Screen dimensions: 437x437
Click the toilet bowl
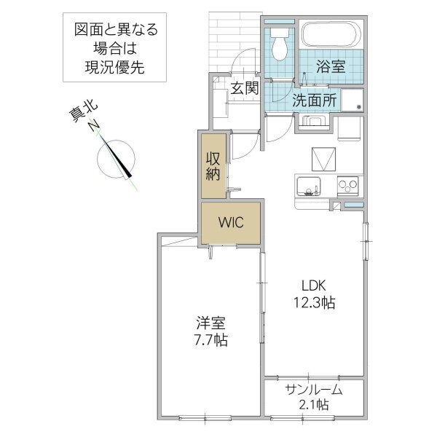pos(279,48)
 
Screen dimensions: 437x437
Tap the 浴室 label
pos(330,66)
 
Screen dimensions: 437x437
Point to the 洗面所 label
pos(314,101)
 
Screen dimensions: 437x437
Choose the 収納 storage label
pos(213,165)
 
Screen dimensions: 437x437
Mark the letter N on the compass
pos(93,126)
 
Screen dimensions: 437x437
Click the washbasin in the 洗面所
pos(314,121)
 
